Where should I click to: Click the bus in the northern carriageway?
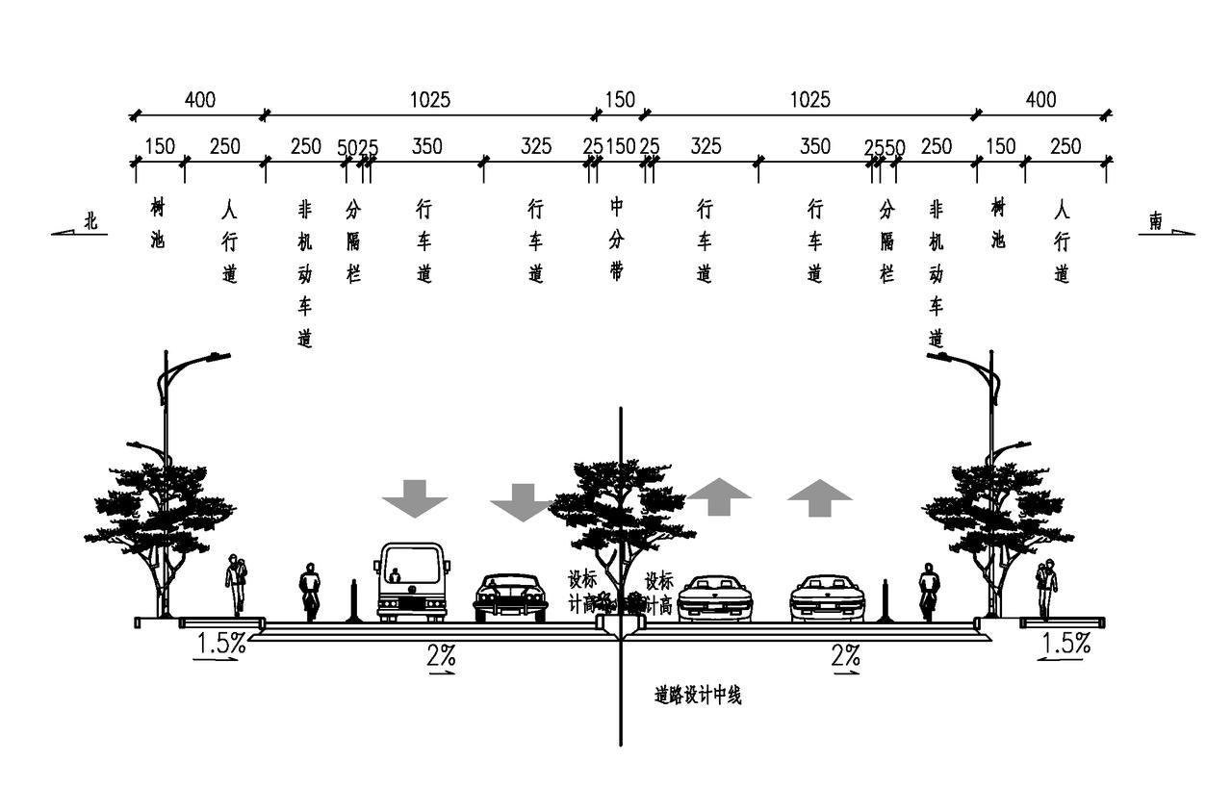point(411,582)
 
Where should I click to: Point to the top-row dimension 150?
point(620,99)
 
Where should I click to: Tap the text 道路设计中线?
point(698,696)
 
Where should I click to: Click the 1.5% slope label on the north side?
point(220,644)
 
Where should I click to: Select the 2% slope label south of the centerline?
point(845,656)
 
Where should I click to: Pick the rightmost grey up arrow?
point(820,497)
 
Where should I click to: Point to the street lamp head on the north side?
point(216,358)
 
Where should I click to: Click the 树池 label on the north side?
point(158,223)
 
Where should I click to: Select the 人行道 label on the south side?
point(1062,241)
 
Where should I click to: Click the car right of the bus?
point(510,597)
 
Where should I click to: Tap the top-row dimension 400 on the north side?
point(200,99)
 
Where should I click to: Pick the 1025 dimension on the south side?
point(809,99)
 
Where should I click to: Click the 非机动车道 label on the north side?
point(305,274)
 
